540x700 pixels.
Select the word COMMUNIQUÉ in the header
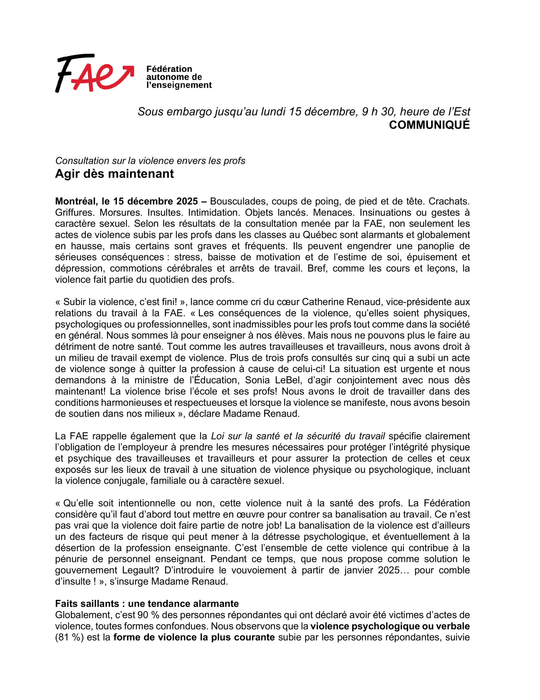click(429, 125)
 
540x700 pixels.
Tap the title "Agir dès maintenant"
click(114, 174)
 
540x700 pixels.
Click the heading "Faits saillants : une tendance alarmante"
click(147, 603)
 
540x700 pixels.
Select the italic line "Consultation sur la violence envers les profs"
click(150, 161)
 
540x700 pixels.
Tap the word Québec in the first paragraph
click(320, 235)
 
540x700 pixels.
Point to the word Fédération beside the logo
click(169, 69)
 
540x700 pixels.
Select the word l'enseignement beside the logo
click(179, 85)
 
